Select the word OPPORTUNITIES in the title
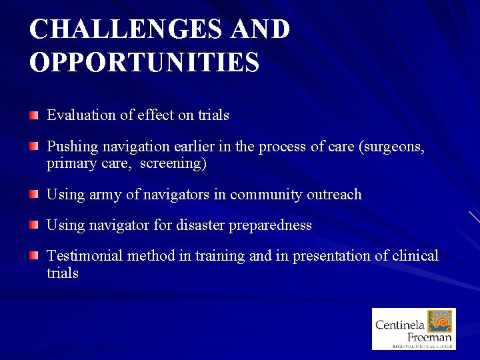[x=144, y=62]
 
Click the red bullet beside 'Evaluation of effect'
[x=34, y=116]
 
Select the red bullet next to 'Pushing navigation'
[x=34, y=147]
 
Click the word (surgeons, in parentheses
[x=391, y=147]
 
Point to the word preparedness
[x=270, y=225]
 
